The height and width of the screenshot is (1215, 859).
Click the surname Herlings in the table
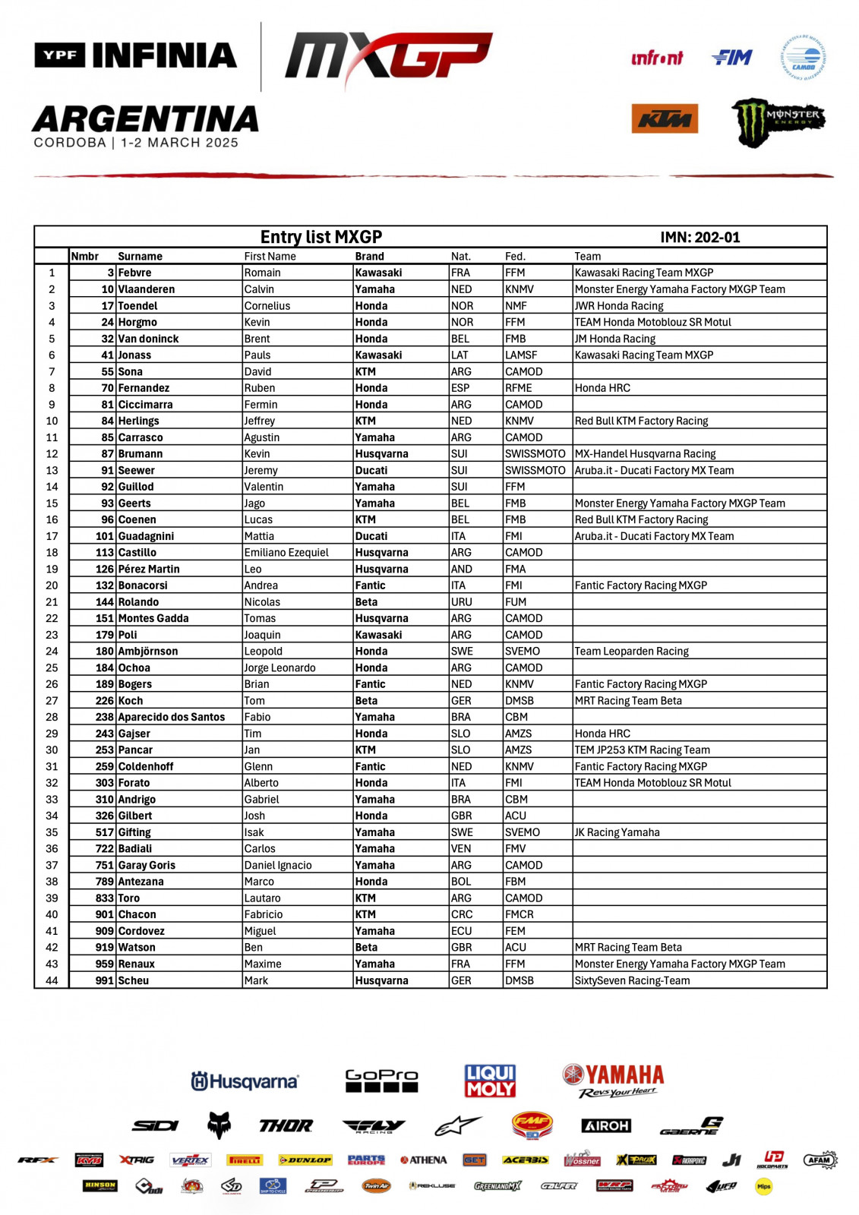[x=138, y=421]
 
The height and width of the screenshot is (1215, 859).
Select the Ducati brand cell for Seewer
[x=371, y=470]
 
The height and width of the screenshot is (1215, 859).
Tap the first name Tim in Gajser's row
[x=253, y=734]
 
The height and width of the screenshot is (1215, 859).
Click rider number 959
[x=104, y=964]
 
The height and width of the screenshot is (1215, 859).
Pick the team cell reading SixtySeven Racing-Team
[x=632, y=980]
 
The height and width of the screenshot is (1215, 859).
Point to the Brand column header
[x=369, y=256]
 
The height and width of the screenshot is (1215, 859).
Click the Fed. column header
[x=515, y=256]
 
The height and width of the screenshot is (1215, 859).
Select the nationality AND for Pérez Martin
[x=461, y=569]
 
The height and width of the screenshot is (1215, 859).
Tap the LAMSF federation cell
[x=521, y=355]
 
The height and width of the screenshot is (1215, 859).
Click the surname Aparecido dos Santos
[x=171, y=717]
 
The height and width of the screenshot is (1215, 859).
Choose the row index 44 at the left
[x=52, y=980]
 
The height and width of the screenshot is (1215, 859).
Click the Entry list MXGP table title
[x=321, y=237]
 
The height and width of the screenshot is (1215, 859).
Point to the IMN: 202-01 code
[x=700, y=237]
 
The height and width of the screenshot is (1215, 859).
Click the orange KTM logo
[x=665, y=118]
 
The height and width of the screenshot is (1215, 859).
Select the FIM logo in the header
[x=732, y=58]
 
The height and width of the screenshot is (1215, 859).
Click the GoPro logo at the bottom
[x=381, y=1080]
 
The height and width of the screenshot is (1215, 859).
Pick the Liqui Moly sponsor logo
[x=490, y=1080]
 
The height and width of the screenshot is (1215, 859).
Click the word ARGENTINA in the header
[x=146, y=119]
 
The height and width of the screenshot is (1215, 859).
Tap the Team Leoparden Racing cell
[x=631, y=651]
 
